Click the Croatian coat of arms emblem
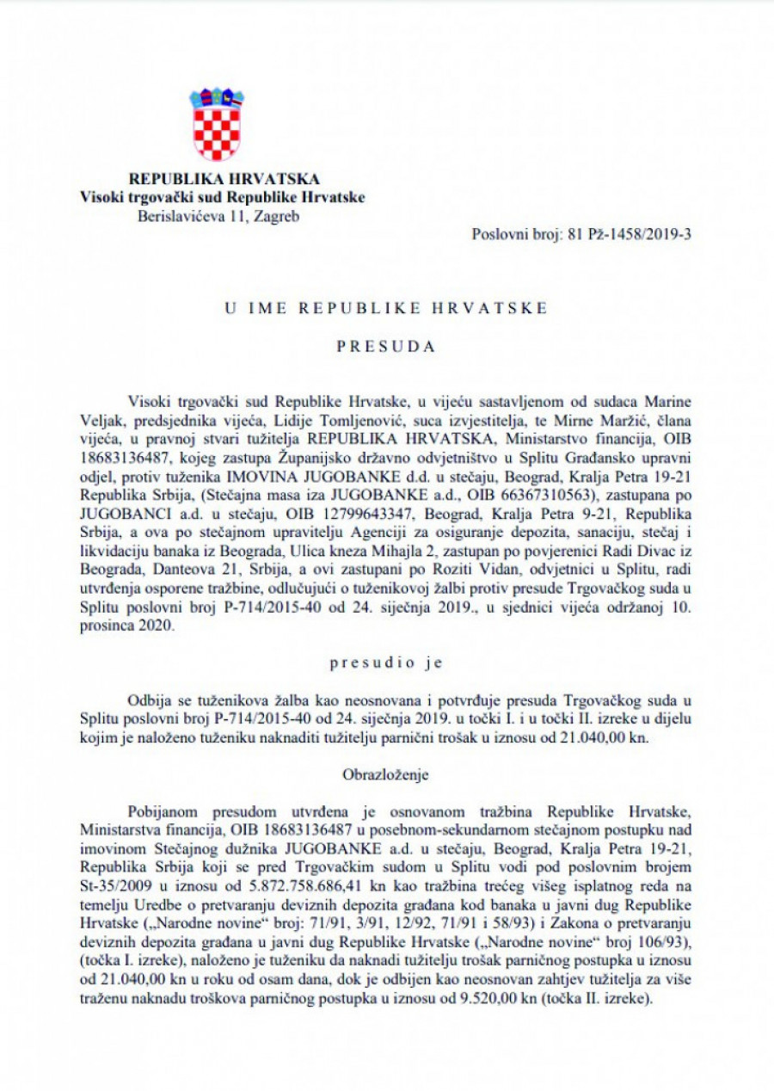click(217, 123)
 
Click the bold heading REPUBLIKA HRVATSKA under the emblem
click(223, 179)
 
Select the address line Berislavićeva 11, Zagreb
click(218, 215)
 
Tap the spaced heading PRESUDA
click(386, 348)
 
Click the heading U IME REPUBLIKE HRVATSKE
click(386, 308)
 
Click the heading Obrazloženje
click(386, 774)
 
